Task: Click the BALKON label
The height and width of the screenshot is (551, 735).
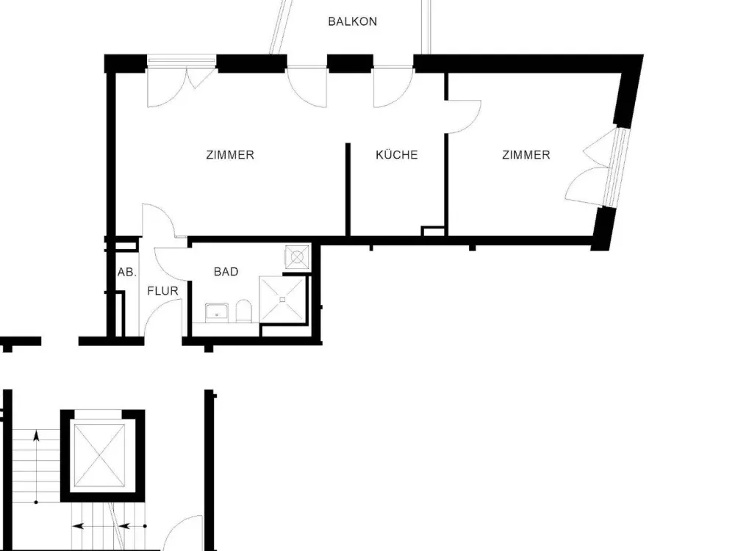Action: pyautogui.click(x=353, y=21)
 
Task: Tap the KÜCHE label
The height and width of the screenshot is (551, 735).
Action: pyautogui.click(x=397, y=154)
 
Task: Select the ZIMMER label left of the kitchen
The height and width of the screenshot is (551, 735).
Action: pyautogui.click(x=230, y=154)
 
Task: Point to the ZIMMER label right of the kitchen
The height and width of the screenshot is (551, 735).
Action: pyautogui.click(x=526, y=154)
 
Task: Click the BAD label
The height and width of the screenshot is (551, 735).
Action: pyautogui.click(x=226, y=272)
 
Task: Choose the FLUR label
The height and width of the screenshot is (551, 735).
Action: pyautogui.click(x=162, y=291)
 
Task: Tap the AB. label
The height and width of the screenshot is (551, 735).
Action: pyautogui.click(x=126, y=273)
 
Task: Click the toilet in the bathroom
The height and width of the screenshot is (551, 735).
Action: pyautogui.click(x=244, y=311)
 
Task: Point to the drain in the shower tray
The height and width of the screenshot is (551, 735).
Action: pyautogui.click(x=282, y=300)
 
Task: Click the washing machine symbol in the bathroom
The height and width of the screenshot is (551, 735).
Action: pyautogui.click(x=297, y=256)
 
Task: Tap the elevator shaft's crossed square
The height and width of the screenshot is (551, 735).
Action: pyautogui.click(x=100, y=455)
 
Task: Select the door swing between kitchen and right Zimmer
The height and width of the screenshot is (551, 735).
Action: pyautogui.click(x=464, y=117)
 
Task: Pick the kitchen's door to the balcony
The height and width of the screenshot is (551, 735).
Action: pyautogui.click(x=393, y=88)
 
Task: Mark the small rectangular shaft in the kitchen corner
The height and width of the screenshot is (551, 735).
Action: pyautogui.click(x=433, y=231)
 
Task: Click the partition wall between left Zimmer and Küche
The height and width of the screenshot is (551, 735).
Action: pyautogui.click(x=348, y=190)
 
